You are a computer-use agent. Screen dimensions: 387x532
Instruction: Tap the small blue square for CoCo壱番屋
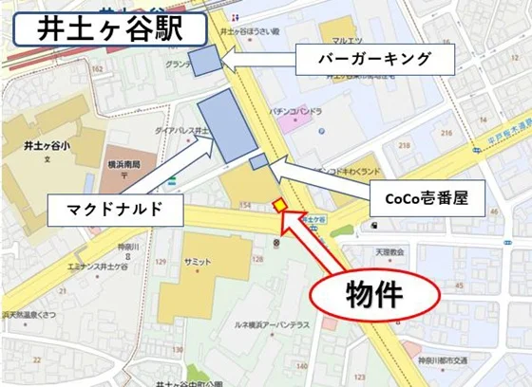tap(256, 162)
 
